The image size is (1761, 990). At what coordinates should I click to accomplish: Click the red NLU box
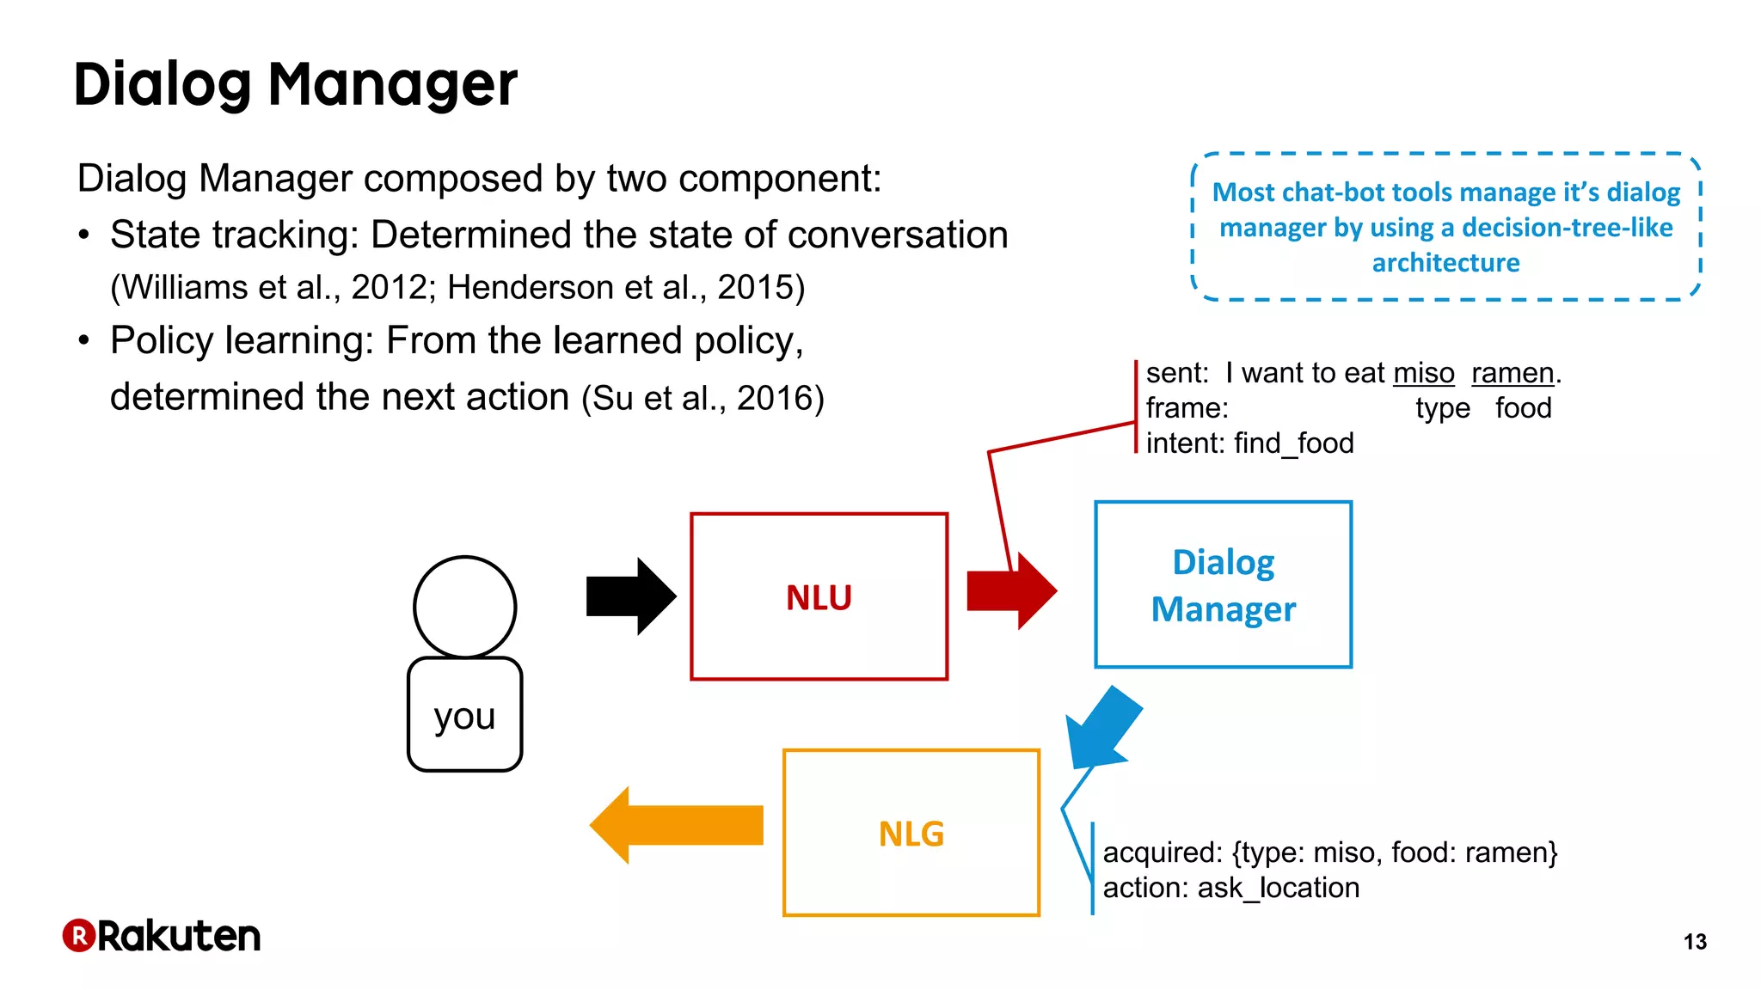819,596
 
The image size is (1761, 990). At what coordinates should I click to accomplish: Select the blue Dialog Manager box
1223,584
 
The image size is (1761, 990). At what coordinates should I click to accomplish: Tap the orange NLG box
911,833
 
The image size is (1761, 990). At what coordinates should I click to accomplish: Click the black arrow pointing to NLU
631,596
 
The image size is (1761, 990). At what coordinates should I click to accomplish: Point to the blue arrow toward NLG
1102,727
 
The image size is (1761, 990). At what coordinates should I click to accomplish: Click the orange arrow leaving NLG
677,825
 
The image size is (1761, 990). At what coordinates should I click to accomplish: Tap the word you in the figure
464,716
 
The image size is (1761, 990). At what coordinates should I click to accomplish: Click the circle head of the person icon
464,607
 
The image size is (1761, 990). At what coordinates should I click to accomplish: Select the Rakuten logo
162,936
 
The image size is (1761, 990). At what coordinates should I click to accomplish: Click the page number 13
1695,942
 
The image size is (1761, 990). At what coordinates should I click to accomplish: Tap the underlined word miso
1423,373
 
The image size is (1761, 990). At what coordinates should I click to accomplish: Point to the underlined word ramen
1512,373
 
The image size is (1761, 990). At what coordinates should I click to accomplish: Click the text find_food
1293,443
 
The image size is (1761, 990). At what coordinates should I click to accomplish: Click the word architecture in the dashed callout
1445,263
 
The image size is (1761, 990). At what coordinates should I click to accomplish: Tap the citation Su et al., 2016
703,398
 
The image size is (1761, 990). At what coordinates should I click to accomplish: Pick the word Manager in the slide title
393,85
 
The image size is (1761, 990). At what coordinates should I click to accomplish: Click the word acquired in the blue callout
1161,852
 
